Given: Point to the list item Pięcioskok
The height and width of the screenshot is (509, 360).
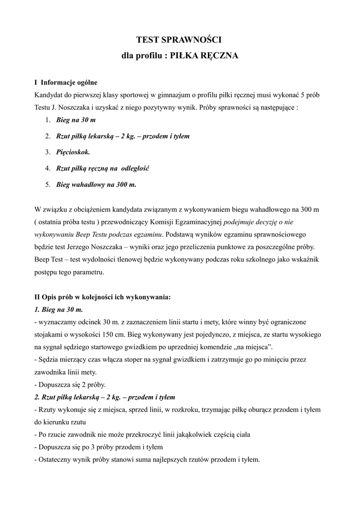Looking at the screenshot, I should [x=73, y=152].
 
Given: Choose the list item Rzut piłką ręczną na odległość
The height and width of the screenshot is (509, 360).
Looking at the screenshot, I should [x=103, y=168].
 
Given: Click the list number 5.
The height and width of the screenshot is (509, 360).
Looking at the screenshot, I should [x=48, y=184].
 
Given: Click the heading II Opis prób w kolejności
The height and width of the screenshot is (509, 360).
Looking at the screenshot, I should [x=102, y=297].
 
